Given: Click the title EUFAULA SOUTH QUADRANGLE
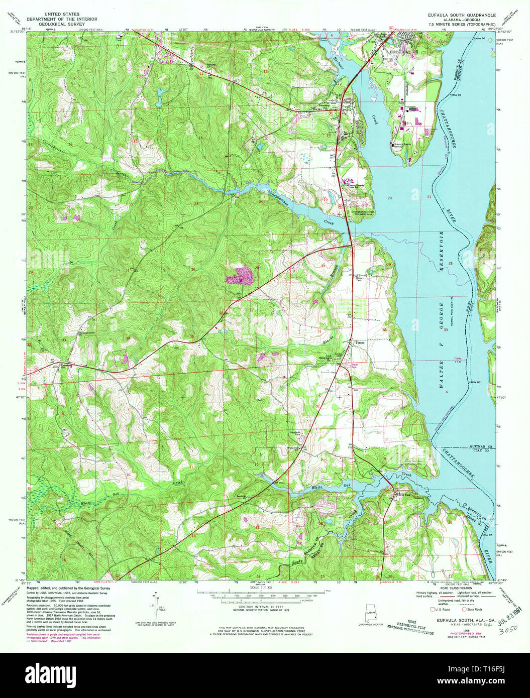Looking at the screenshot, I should click(461, 16).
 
